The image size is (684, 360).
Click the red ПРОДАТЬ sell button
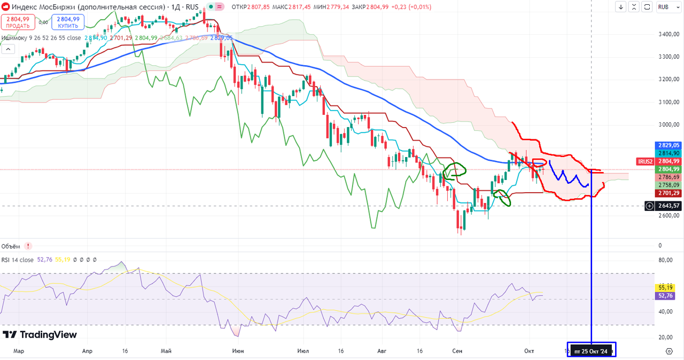coord(18,22)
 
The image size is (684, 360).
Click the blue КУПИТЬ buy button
coord(68,22)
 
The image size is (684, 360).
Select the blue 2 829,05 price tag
coord(669,145)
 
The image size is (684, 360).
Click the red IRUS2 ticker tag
coord(644,161)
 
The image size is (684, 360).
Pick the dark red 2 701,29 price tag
coord(669,193)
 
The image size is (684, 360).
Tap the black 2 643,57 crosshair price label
coord(669,206)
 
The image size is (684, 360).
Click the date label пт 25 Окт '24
coord(591,351)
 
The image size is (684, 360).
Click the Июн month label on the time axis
coord(238,351)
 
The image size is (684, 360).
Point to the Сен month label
coord(457,351)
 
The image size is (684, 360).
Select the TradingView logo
coord(40,335)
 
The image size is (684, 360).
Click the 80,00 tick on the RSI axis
coord(665,261)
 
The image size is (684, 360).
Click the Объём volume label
coord(11,246)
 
